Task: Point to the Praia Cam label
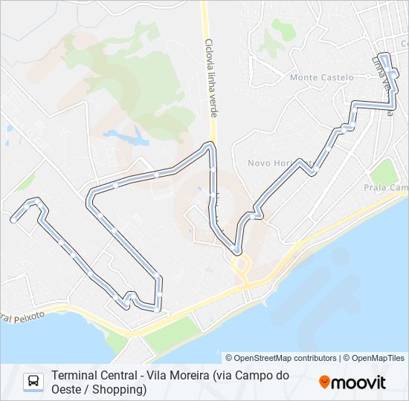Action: tap(387, 189)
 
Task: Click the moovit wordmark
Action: tap(360, 382)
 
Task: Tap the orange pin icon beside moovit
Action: tap(324, 382)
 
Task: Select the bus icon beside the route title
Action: tap(33, 382)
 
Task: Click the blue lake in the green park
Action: tap(127, 137)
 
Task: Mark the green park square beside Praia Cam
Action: tap(384, 172)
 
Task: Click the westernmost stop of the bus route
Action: tap(13, 220)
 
